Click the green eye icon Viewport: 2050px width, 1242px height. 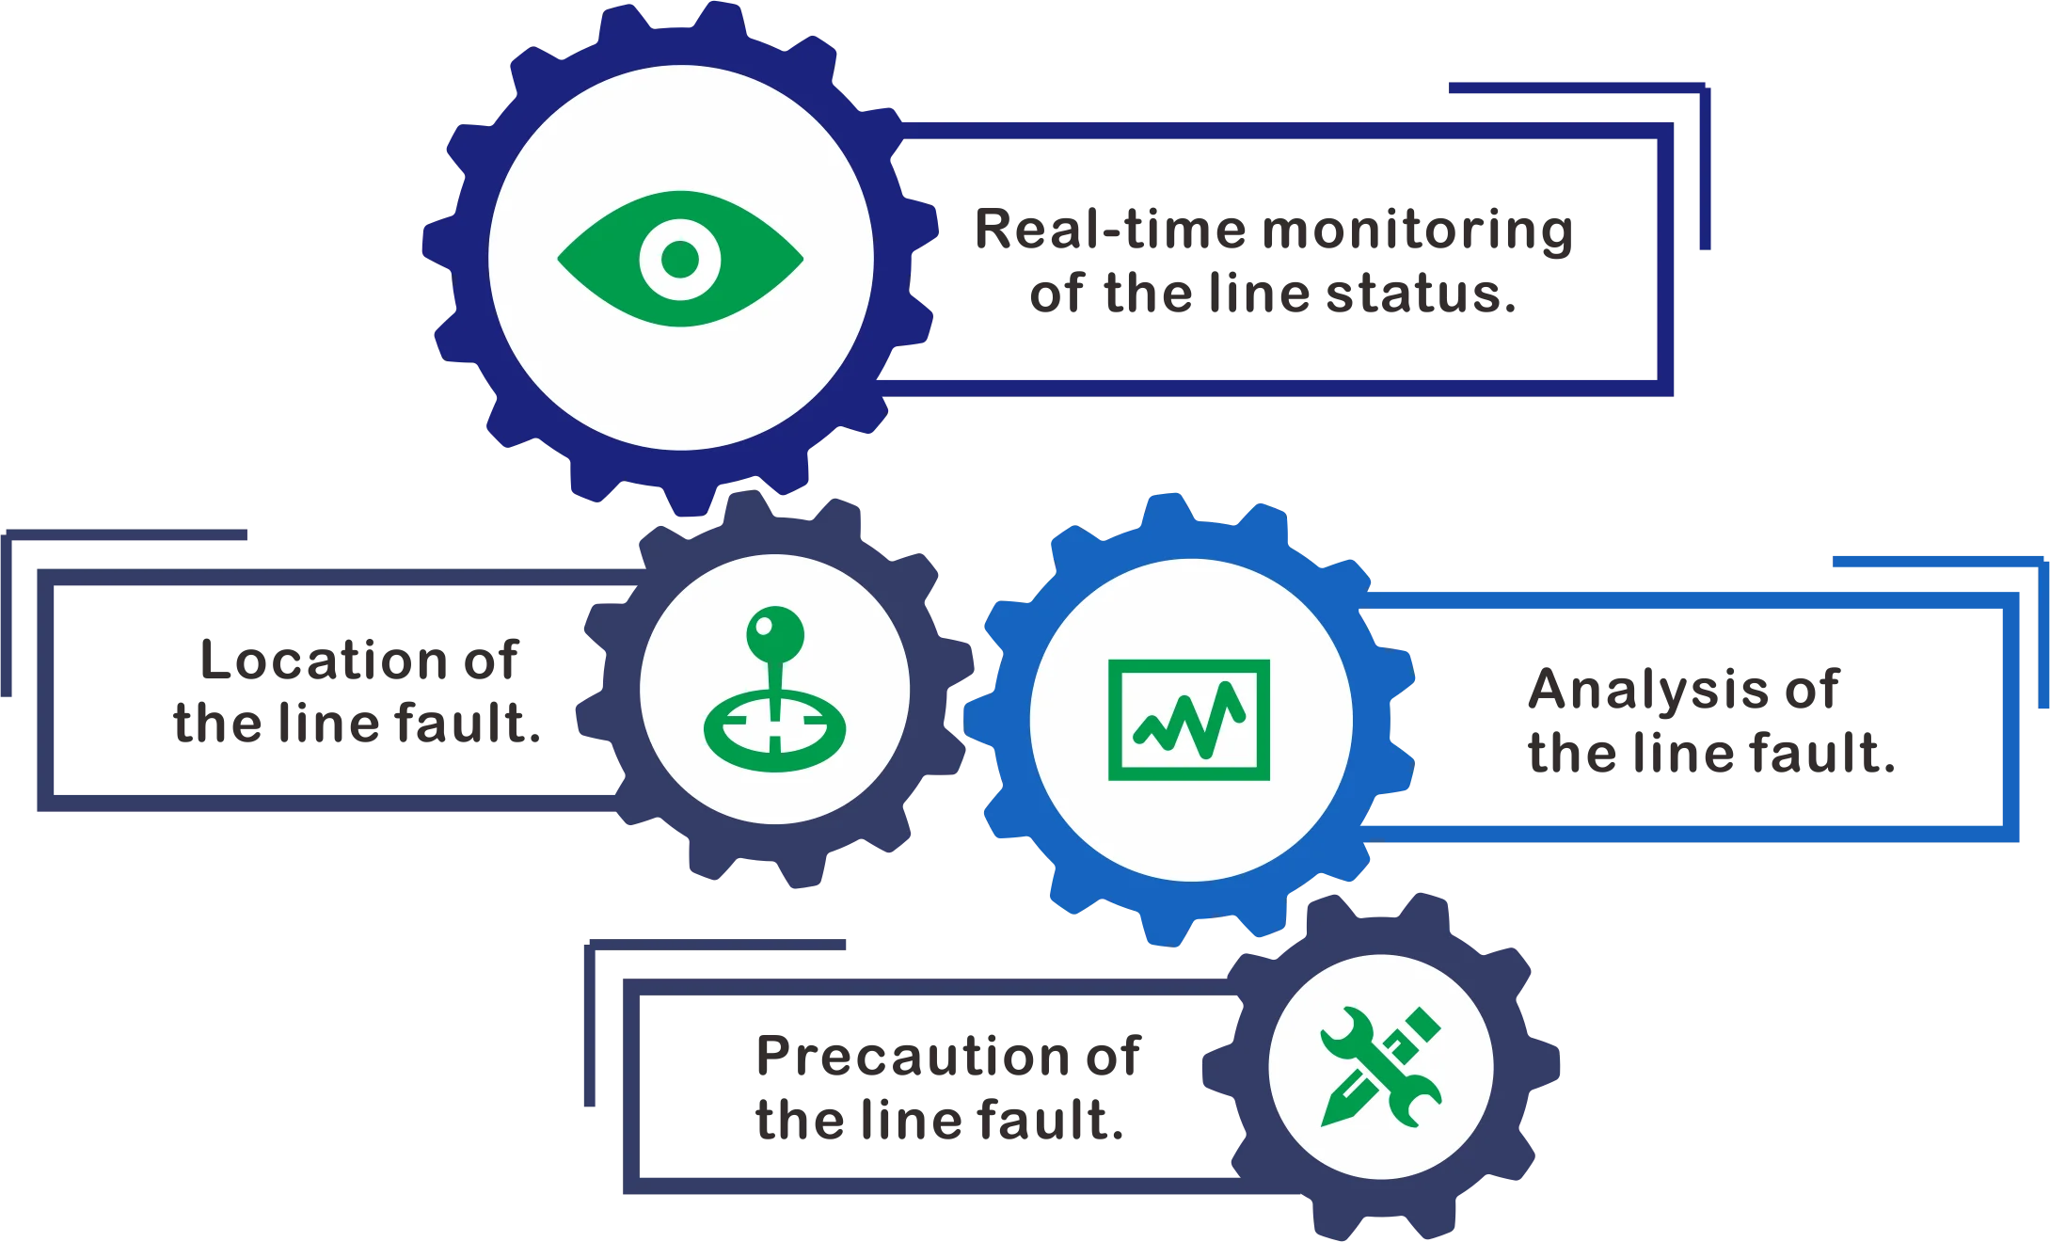click(x=680, y=259)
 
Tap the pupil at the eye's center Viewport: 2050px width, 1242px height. click(x=680, y=259)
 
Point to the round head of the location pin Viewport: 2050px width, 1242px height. click(x=775, y=634)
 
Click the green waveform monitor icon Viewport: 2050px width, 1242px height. click(x=1189, y=720)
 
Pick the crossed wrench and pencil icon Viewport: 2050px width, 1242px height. click(x=1380, y=1066)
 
